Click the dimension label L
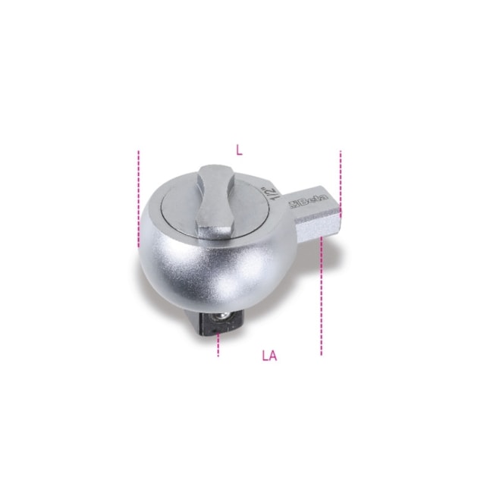point(240,151)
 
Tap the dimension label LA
point(270,356)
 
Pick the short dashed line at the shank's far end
point(341,184)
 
